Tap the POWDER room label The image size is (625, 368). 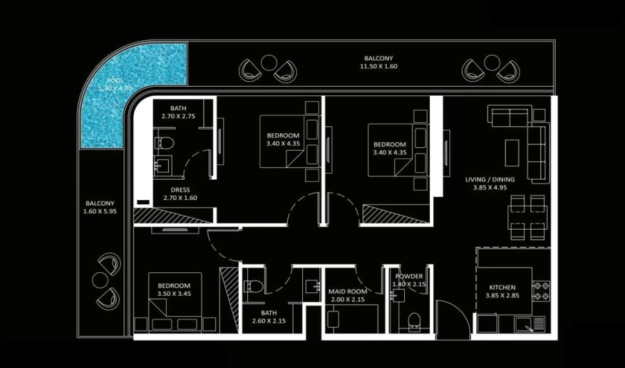point(408,276)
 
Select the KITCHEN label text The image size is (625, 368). point(502,287)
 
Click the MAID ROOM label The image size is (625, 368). point(347,292)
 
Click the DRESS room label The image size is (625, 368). point(180,190)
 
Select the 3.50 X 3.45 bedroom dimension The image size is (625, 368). point(174,294)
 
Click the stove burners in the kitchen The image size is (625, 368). point(540,290)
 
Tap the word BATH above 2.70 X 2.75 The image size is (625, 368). point(178,108)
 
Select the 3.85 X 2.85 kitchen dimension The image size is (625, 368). point(502,296)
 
